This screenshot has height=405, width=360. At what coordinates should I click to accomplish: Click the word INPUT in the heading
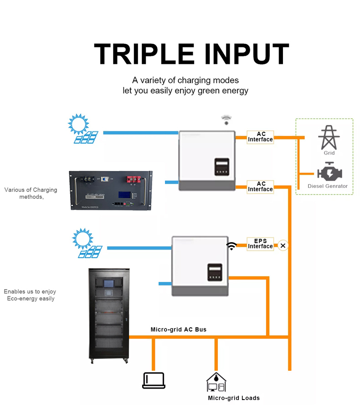(244, 54)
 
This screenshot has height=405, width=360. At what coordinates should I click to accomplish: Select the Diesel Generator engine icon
(329, 173)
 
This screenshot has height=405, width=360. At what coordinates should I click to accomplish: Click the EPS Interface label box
(260, 244)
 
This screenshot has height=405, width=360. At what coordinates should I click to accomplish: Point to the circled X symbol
(283, 246)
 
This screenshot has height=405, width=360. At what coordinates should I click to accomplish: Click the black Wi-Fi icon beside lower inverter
(232, 246)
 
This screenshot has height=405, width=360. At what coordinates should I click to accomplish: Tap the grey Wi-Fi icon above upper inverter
(226, 120)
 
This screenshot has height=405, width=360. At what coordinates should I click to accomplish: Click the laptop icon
(154, 380)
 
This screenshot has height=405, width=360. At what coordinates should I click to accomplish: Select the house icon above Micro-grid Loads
(216, 382)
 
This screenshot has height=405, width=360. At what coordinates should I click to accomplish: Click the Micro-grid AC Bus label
(178, 329)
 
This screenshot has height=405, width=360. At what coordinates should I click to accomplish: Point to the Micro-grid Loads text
(234, 398)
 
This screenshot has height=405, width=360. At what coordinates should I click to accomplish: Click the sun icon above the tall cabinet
(82, 238)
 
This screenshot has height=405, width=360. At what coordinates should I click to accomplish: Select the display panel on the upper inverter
(222, 167)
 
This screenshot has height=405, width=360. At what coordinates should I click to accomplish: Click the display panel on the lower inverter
(214, 272)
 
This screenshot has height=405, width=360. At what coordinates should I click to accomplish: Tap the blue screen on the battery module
(124, 195)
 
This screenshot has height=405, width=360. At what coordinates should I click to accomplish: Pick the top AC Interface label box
(260, 137)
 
